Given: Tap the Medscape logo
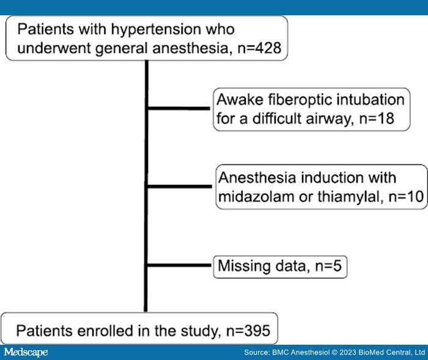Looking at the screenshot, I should tap(26, 353).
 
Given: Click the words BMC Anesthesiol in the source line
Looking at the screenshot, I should tap(288, 353).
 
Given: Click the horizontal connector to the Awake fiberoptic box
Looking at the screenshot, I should tap(180, 109).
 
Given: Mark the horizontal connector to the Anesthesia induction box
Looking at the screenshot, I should tap(180, 186).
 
